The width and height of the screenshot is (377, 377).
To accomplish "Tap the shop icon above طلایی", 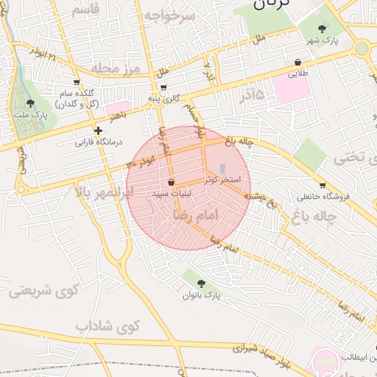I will point(297,62).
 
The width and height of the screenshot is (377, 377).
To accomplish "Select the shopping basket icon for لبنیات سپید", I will point(172,182).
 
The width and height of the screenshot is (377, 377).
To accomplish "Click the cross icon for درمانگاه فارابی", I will point(98,130).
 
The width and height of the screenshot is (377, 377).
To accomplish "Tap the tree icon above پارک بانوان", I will point(202,283).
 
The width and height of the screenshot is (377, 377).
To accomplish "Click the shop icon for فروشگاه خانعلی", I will point(323,185).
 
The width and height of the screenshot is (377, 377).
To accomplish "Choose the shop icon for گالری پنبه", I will point(163,87).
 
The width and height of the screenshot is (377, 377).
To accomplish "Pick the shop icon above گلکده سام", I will point(77,82).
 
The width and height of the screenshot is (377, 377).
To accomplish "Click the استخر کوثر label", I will point(221,180).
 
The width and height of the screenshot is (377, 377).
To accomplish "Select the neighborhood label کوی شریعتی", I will point(45,291).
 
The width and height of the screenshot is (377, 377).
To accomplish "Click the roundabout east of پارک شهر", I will point(362,49).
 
